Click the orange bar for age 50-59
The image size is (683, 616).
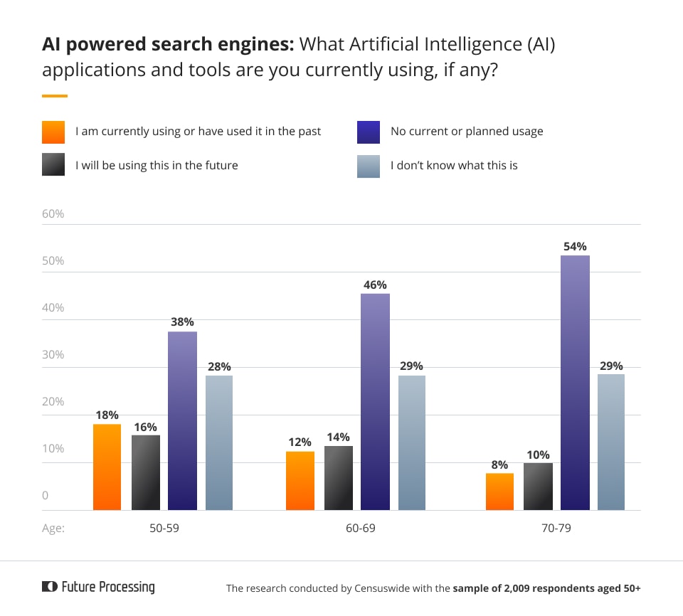[107, 467]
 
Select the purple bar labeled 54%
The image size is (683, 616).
[575, 383]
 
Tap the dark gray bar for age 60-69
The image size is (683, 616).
[338, 478]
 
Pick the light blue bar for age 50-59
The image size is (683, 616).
[219, 442]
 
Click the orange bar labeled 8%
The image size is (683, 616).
[499, 492]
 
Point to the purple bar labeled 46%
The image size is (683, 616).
[375, 402]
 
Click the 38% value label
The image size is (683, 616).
[183, 321]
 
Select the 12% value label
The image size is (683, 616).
[300, 441]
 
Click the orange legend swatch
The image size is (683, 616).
[54, 132]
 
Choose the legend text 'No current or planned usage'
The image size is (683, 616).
[466, 132]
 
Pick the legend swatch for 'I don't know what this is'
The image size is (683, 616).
[369, 166]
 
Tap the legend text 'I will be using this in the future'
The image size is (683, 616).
[157, 166]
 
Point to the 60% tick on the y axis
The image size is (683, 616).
[53, 214]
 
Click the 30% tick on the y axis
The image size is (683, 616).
[53, 355]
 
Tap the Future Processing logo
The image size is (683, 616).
[98, 587]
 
